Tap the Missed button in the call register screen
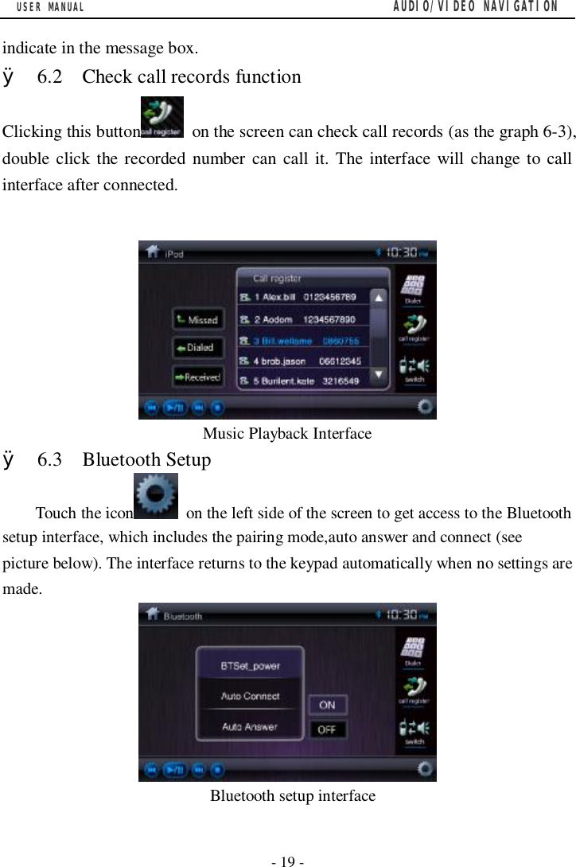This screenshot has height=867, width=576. [197, 320]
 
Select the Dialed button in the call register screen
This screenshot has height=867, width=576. [197, 349]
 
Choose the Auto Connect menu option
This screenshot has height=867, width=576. [250, 696]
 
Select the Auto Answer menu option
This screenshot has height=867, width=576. [250, 726]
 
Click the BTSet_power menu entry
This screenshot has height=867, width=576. [250, 666]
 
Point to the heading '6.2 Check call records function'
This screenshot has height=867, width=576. [191, 77]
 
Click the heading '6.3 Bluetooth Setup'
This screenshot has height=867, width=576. [146, 460]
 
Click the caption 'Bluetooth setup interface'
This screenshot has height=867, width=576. [293, 795]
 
